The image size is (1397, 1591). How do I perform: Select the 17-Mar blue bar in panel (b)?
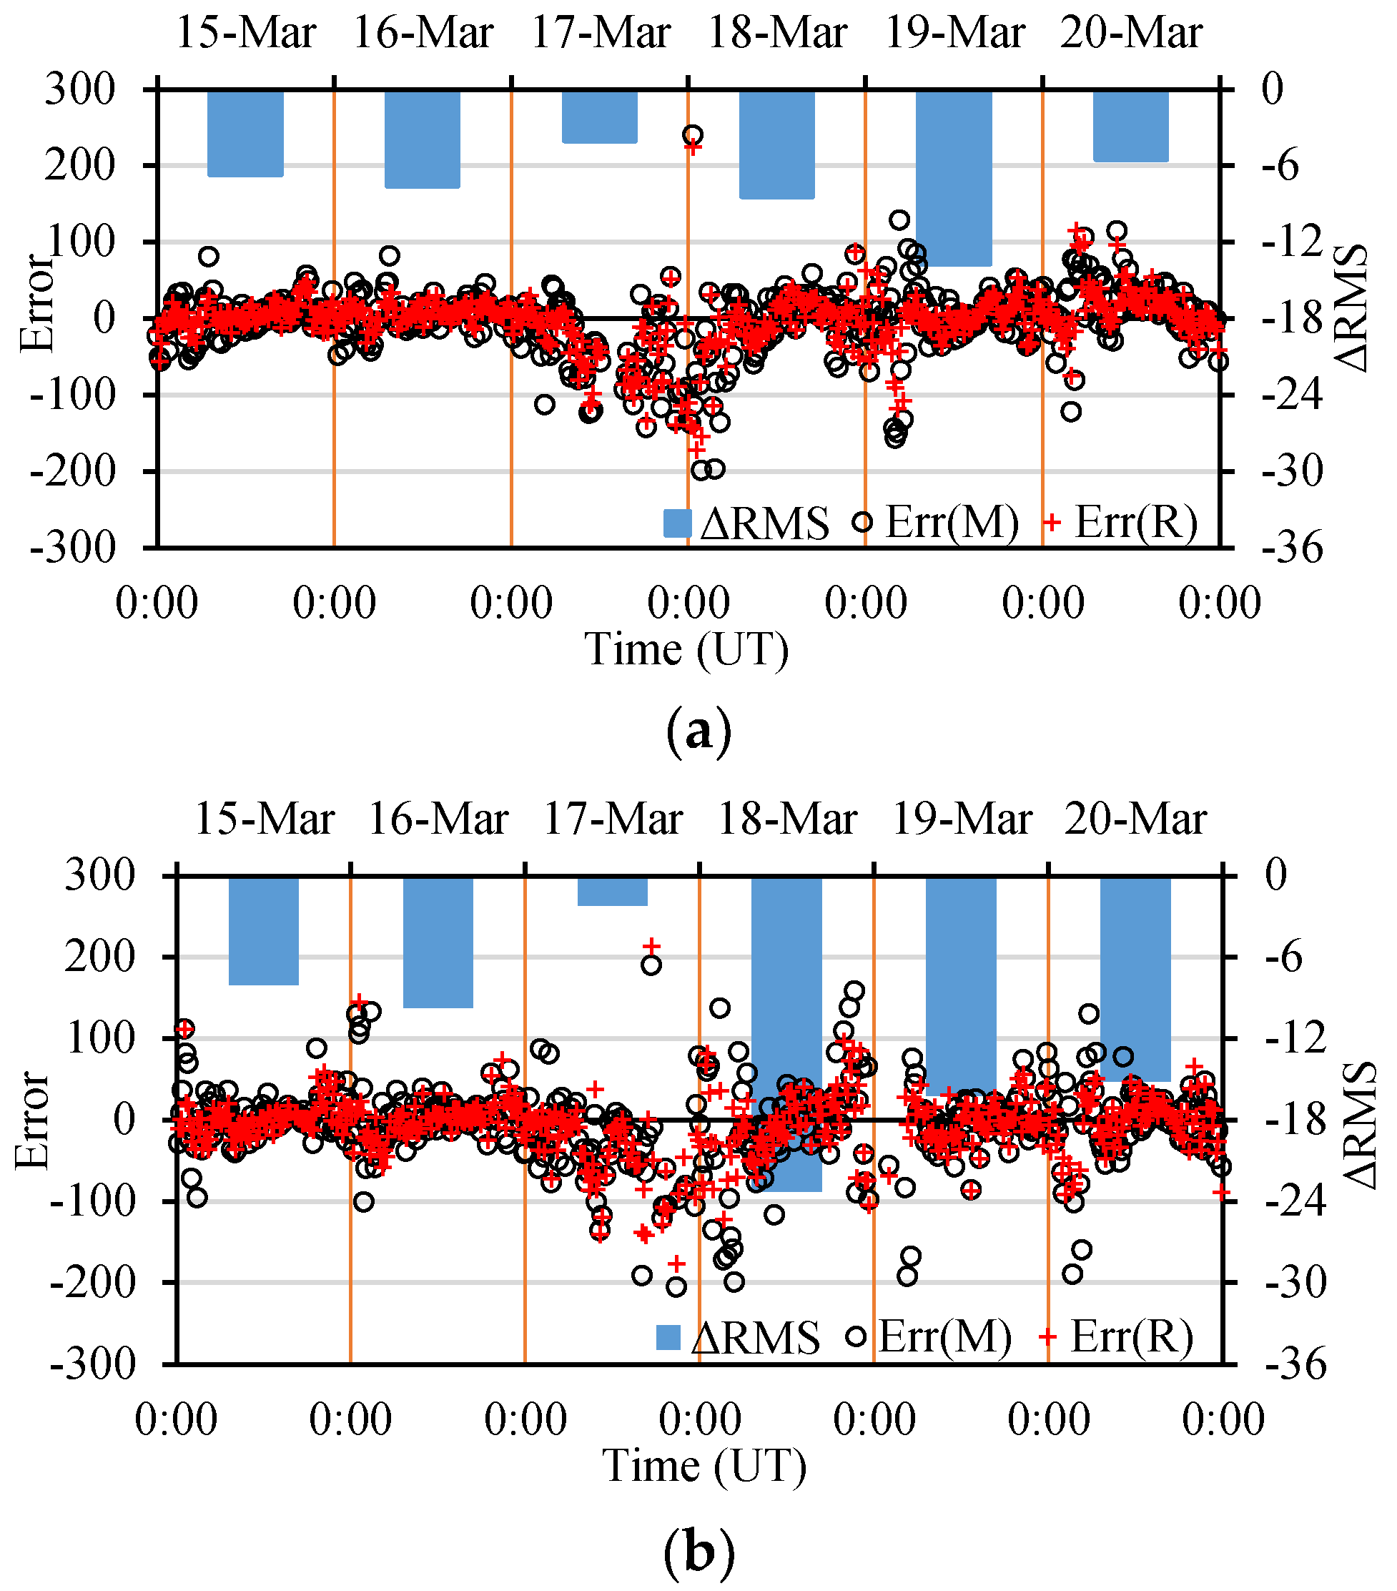(613, 891)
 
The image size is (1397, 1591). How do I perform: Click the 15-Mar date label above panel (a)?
(246, 34)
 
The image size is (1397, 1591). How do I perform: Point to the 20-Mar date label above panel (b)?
(1135, 819)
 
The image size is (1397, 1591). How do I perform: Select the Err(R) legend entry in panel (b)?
(1117, 1337)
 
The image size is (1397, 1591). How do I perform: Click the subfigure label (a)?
(699, 732)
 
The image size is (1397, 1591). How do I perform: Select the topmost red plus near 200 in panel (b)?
(652, 946)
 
